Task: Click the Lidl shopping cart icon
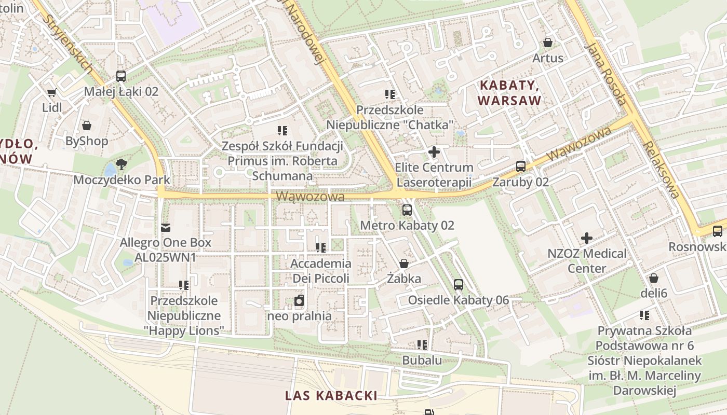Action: click(x=51, y=93)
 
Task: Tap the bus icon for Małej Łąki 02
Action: click(x=121, y=76)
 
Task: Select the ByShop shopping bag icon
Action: click(x=87, y=126)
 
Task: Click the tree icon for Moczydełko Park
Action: click(x=122, y=164)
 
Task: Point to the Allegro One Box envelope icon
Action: click(x=166, y=227)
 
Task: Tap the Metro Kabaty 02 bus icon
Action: click(x=407, y=210)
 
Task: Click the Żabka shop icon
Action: click(x=404, y=264)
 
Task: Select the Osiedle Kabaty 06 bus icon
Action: click(x=459, y=284)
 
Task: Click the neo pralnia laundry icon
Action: click(x=299, y=300)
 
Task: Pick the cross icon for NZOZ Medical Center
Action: click(x=587, y=238)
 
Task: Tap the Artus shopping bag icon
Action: click(x=547, y=43)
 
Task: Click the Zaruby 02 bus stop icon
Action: click(x=521, y=167)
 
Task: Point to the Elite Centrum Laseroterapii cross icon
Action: click(x=434, y=152)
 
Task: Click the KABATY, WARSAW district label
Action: click(x=510, y=92)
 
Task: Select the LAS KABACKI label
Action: click(x=331, y=395)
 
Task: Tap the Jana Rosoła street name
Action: click(x=605, y=73)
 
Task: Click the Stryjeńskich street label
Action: click(x=69, y=44)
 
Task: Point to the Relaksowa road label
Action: click(x=661, y=169)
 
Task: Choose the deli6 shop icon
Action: click(x=654, y=278)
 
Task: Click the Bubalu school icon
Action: click(x=422, y=344)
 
